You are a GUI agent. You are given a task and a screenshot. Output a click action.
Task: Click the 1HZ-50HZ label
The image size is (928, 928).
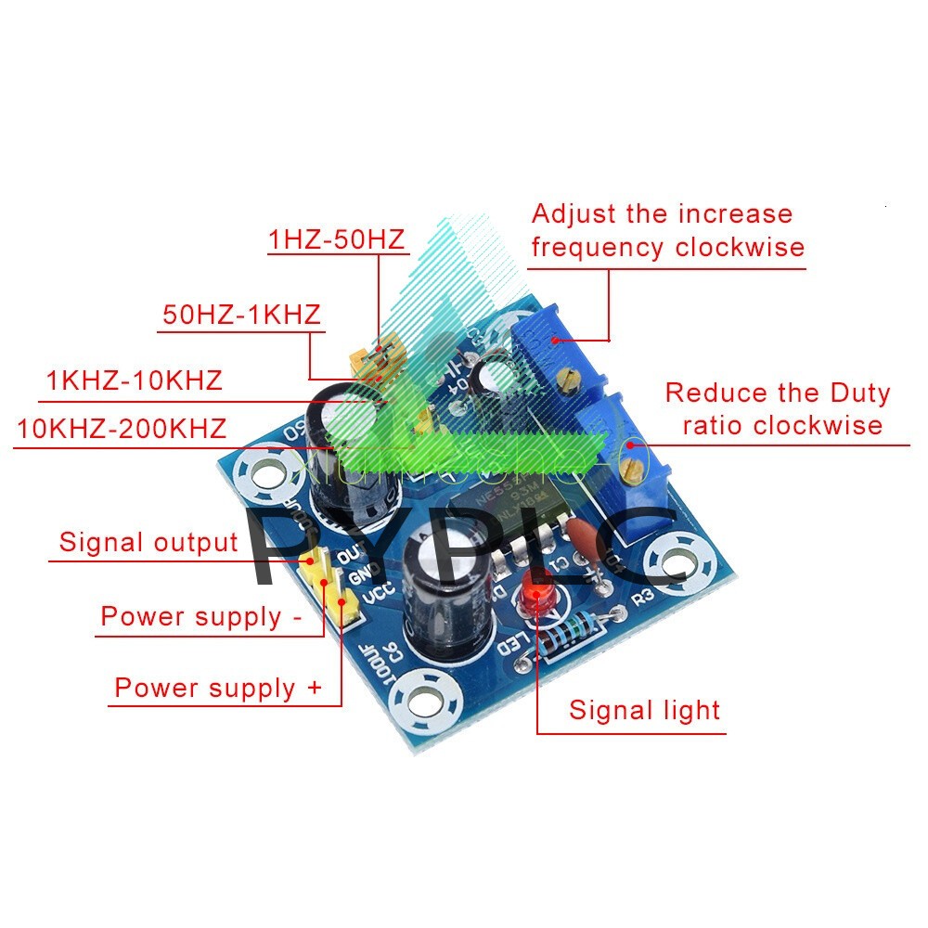[x=337, y=240]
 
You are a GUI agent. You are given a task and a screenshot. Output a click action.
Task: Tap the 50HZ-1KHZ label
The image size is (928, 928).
[x=241, y=315]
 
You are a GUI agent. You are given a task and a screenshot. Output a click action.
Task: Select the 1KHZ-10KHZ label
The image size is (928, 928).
[x=135, y=380]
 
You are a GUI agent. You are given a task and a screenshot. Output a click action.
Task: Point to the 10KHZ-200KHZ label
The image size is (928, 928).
[x=122, y=429]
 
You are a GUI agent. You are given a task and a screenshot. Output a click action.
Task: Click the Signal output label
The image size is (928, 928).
[x=148, y=542]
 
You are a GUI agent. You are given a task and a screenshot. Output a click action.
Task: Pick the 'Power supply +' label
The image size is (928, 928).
[x=218, y=689]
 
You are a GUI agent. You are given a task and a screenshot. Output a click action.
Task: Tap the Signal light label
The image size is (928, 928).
[x=644, y=711]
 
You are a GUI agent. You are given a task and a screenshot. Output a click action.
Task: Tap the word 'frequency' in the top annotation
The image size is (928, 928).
[x=599, y=248]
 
